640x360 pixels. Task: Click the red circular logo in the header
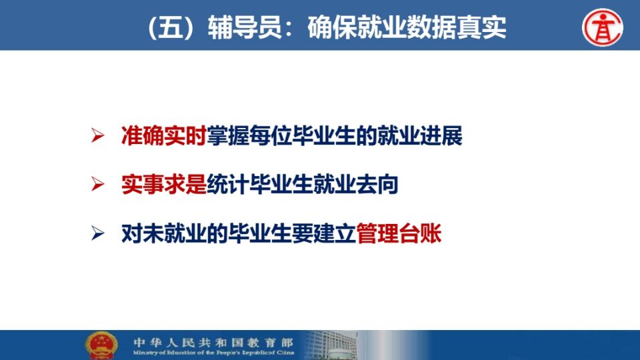[603, 27]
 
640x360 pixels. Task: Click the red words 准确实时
[164, 135]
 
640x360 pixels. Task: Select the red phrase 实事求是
[164, 185]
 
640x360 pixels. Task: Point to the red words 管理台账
[399, 233]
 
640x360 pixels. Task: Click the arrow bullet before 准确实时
[97, 135]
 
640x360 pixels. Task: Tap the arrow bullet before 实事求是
[97, 185]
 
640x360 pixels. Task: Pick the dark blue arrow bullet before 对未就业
[97, 233]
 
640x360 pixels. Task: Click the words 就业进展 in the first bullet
[419, 135]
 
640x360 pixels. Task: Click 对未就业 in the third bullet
[164, 233]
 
